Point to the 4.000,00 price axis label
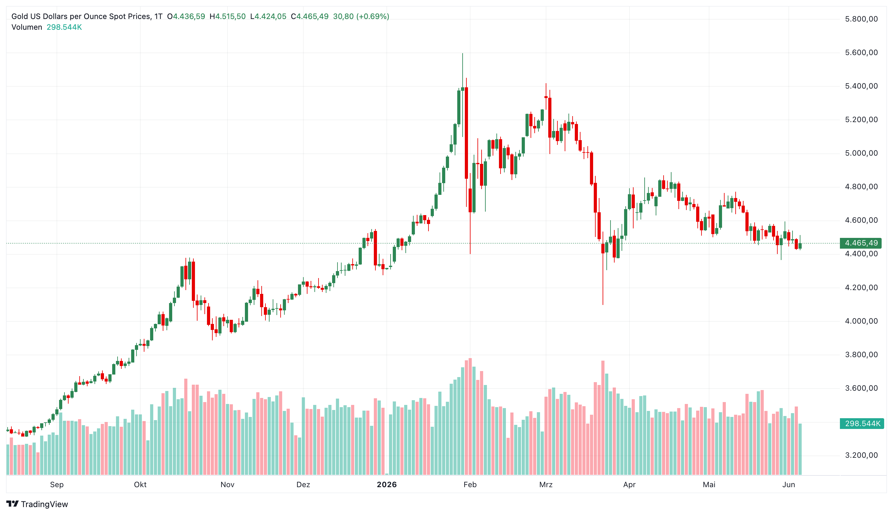[861, 321]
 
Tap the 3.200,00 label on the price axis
[861, 455]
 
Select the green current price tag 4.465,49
[861, 243]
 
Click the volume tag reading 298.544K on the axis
[862, 423]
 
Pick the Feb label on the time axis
[470, 485]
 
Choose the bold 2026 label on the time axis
[387, 485]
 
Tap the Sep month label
[57, 485]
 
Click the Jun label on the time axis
[789, 485]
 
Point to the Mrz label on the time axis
[546, 485]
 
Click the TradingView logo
[37, 504]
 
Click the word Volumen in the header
[27, 27]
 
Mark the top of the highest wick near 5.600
[462, 53]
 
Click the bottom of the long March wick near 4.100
[603, 305]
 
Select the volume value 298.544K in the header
[64, 27]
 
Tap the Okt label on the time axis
[140, 485]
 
